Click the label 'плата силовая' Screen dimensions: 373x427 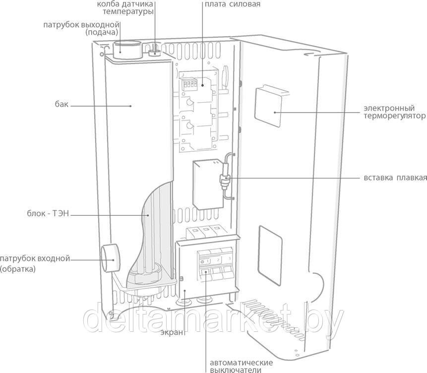(232, 4)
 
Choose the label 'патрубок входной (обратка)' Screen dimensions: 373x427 (35, 264)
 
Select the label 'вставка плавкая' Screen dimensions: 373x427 (394, 178)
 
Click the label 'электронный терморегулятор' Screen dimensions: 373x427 (394, 112)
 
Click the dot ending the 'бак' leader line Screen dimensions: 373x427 (131, 105)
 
